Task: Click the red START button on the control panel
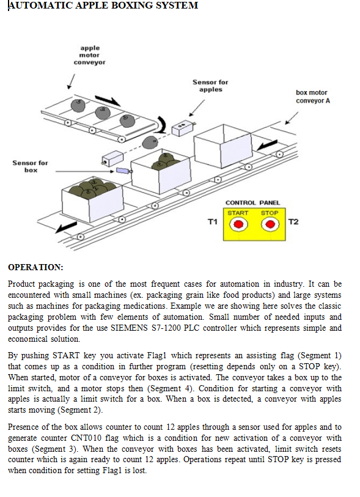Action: pyautogui.click(x=238, y=224)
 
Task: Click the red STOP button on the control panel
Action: pyautogui.click(x=270, y=224)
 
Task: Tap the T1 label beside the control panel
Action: pyautogui.click(x=213, y=222)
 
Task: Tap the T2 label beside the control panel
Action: pyautogui.click(x=293, y=222)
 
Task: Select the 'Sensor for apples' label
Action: pyautogui.click(x=210, y=86)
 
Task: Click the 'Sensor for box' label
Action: pyautogui.click(x=30, y=166)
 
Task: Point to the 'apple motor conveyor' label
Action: pyautogui.click(x=90, y=55)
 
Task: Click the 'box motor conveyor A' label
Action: pyautogui.click(x=313, y=97)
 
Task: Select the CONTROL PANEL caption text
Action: pyautogui.click(x=252, y=203)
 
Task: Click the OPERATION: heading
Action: pyautogui.click(x=35, y=267)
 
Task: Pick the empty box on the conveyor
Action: pyautogui.click(x=224, y=146)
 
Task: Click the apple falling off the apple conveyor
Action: pyautogui.click(x=150, y=142)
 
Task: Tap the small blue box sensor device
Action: pyautogui.click(x=122, y=171)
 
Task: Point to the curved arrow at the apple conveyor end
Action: pyautogui.click(x=163, y=124)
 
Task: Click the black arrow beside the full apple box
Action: pyautogui.click(x=66, y=227)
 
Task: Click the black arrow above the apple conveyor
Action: pyautogui.click(x=108, y=100)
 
